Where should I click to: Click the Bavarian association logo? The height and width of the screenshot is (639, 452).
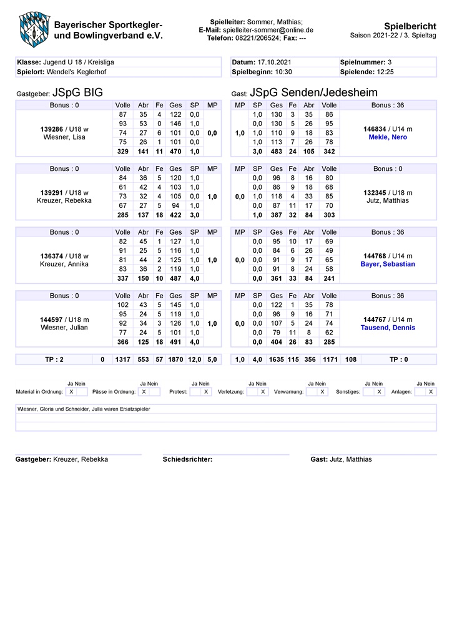click(x=33, y=28)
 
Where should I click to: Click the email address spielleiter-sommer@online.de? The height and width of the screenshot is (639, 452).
click(x=268, y=30)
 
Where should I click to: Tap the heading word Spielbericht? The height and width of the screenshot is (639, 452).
click(x=410, y=26)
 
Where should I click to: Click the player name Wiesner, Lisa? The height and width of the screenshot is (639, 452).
click(x=64, y=137)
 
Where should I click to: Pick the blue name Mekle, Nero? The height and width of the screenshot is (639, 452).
click(x=388, y=137)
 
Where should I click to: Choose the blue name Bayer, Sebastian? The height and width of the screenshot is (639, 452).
click(x=388, y=264)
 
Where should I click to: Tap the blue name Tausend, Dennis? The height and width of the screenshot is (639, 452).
click(x=388, y=328)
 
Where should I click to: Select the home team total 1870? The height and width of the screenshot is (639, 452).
click(x=175, y=359)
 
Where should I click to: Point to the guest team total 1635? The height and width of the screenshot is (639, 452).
click(x=276, y=359)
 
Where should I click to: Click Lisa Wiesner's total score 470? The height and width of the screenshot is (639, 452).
click(x=175, y=152)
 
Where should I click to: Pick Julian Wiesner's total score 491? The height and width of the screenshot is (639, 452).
click(x=175, y=343)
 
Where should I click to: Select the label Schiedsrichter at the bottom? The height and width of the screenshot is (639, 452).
click(x=187, y=459)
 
